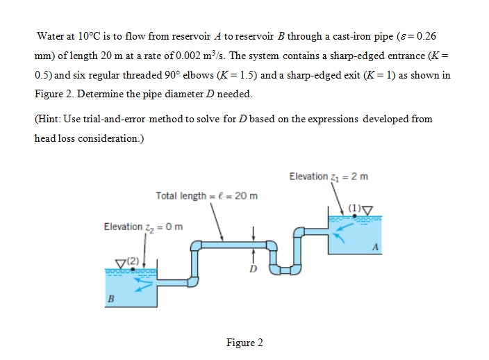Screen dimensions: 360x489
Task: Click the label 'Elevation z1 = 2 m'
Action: point(329,177)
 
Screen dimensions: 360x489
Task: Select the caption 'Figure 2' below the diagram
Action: point(244,343)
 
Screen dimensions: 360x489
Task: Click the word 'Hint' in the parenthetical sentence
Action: point(51,119)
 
